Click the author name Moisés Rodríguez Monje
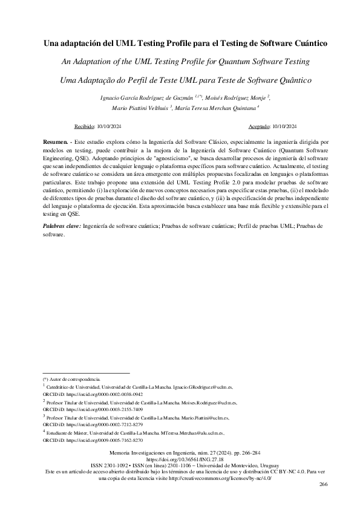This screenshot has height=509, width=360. tap(236, 97)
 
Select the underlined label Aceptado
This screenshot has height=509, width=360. tap(260, 126)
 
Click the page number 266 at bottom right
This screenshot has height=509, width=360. tap(322, 484)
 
